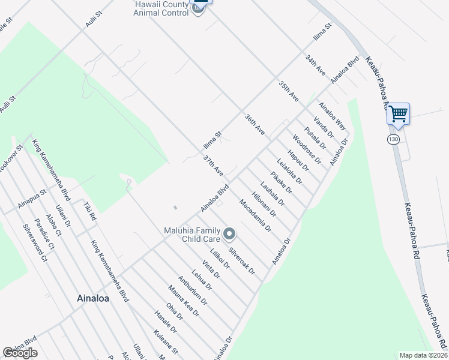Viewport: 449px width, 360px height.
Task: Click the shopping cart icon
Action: (x=399, y=113)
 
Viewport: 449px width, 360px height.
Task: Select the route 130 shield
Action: (x=393, y=139)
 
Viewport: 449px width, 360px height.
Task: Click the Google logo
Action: (x=20, y=353)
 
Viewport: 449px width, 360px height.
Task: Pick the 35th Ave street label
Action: (x=288, y=89)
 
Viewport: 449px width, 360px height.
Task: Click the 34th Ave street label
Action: (x=315, y=65)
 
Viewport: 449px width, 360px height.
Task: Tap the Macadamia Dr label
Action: (x=256, y=215)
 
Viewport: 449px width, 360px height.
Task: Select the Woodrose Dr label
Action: (x=307, y=150)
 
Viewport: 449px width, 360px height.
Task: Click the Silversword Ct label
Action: (x=35, y=244)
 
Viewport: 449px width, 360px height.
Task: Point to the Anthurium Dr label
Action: (x=193, y=290)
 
